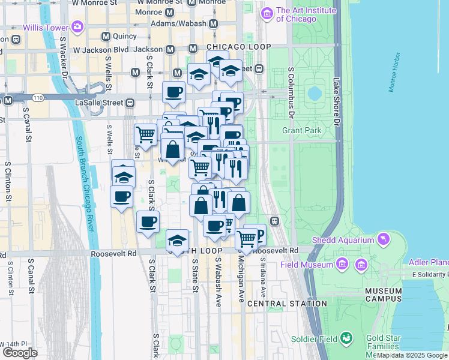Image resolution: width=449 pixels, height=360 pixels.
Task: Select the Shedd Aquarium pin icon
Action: coord(382,241)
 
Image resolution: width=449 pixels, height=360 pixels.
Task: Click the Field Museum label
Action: coord(307,265)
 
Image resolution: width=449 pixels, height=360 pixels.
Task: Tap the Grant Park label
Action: coord(301,130)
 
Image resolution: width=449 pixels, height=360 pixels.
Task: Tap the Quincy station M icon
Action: coord(106,37)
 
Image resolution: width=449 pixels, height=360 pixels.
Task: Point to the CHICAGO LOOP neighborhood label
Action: coord(238,47)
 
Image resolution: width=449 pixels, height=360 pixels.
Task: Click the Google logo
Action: coord(19,353)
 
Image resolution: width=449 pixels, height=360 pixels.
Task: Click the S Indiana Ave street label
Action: coord(263,277)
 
